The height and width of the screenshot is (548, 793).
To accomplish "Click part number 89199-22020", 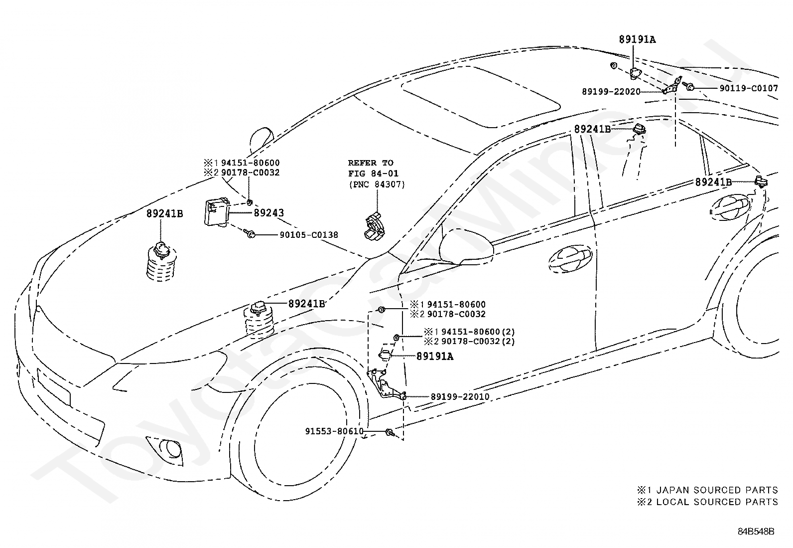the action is click(x=611, y=92).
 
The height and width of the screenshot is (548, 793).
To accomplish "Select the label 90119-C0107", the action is click(x=749, y=88).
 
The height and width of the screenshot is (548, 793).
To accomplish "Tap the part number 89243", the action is click(x=268, y=213).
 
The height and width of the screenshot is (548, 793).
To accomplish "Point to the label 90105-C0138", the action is click(x=309, y=235).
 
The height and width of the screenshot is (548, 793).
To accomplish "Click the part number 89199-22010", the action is click(x=460, y=396).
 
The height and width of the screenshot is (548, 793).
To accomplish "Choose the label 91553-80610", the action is click(x=334, y=431).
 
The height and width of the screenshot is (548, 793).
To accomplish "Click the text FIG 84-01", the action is click(x=373, y=174).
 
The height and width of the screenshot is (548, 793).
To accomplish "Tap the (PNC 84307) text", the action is click(x=377, y=184).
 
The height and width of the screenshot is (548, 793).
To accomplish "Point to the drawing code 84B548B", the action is click(x=756, y=532).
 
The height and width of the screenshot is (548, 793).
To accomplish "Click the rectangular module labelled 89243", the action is click(x=216, y=212).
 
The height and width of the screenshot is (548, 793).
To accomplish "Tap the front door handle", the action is click(x=570, y=259).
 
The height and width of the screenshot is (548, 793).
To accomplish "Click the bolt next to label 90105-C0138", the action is click(x=249, y=233).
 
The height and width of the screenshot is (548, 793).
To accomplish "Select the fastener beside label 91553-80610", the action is click(x=389, y=432).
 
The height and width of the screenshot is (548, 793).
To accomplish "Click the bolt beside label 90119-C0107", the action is click(x=688, y=86).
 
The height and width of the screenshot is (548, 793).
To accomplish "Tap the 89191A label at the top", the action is click(x=637, y=39).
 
